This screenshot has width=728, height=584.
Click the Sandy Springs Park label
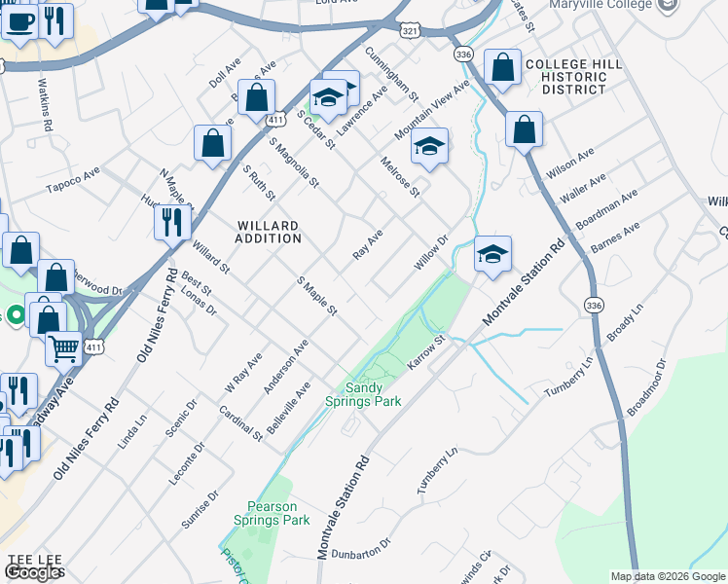click(x=376, y=393)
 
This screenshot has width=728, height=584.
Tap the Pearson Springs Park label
click(x=278, y=513)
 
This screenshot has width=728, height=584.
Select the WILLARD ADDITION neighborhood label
click(x=269, y=232)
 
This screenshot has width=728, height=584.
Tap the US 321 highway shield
click(x=411, y=31)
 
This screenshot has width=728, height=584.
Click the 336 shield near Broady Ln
click(x=594, y=306)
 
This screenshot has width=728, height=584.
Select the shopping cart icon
click(x=64, y=347)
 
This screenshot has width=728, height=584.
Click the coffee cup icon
click(x=18, y=20)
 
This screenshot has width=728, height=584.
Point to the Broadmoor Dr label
click(x=646, y=386)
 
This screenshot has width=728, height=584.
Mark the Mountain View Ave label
click(x=432, y=109)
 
